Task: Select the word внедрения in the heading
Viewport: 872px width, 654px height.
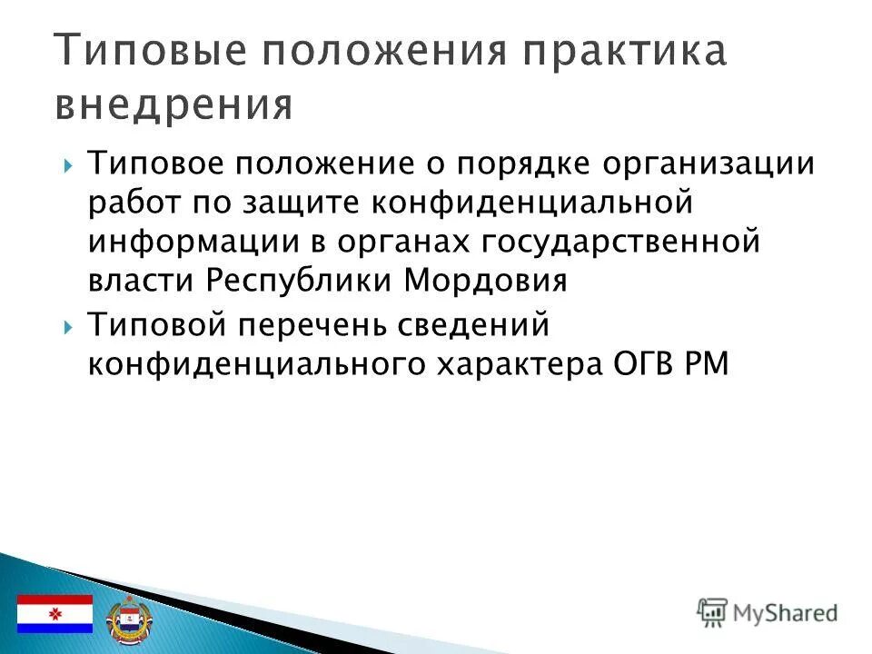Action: point(173,104)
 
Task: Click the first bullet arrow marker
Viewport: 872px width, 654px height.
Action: point(70,166)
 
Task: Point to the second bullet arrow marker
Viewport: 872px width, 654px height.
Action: point(70,324)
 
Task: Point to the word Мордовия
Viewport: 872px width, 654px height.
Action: point(485,280)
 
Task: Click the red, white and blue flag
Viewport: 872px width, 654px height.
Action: point(55,614)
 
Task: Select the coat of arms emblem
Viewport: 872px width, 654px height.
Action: point(125,618)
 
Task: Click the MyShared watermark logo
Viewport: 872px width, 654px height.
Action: point(768,612)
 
